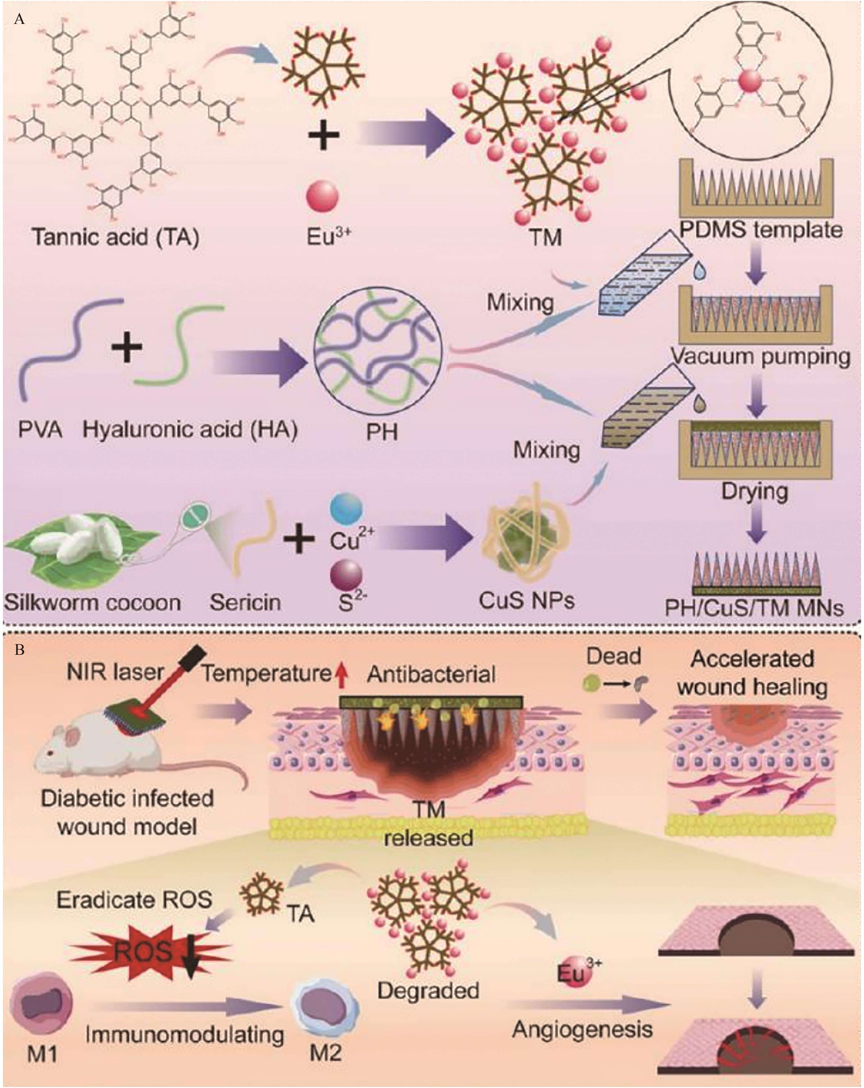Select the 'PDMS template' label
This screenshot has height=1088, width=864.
tap(761, 230)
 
